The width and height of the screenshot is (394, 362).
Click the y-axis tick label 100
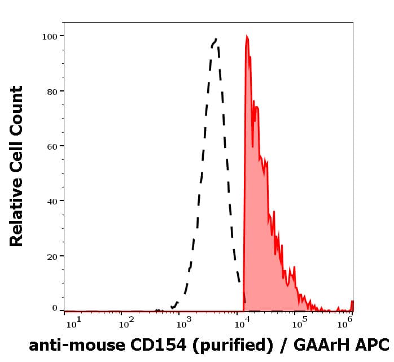pyautogui.click(x=50, y=36)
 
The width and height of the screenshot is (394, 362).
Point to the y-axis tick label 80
pyautogui.click(x=52, y=91)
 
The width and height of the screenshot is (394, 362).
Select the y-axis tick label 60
pyautogui.click(x=52, y=146)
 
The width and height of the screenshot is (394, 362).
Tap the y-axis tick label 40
pyautogui.click(x=52, y=201)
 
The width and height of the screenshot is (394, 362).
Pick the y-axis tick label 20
pyautogui.click(x=52, y=256)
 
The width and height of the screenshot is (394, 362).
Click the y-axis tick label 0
pyautogui.click(x=55, y=308)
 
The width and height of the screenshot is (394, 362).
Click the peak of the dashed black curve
pyautogui.click(x=216, y=40)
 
